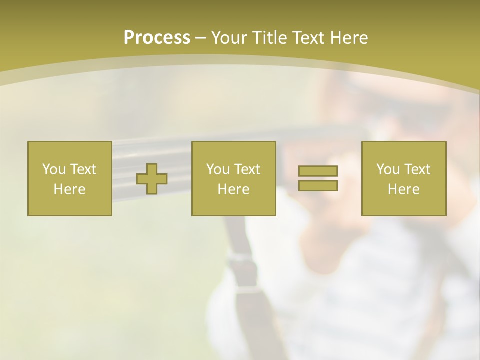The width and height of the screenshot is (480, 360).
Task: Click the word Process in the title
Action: click(157, 38)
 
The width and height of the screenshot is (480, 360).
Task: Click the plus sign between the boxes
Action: click(152, 179)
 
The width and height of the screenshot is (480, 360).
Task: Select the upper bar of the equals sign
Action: click(318, 171)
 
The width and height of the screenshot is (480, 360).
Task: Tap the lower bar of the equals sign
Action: click(318, 185)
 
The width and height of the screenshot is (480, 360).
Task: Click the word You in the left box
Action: click(54, 169)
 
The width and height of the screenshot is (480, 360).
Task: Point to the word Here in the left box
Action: click(70, 189)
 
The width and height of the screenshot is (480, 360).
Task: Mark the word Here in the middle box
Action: click(234, 189)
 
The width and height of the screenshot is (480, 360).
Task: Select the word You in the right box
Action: click(388, 169)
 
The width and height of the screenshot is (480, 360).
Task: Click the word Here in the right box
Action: click(404, 189)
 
